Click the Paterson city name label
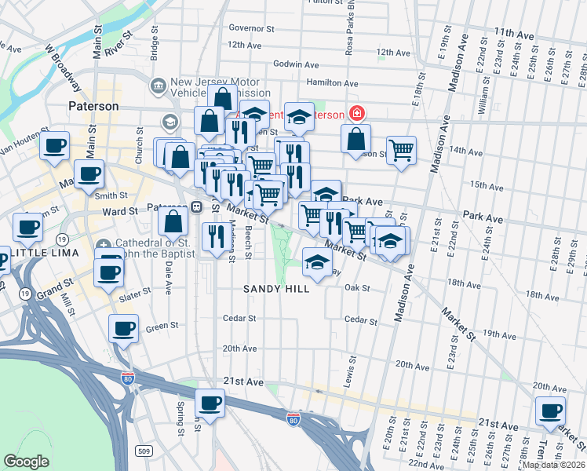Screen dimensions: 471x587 click(x=93, y=106)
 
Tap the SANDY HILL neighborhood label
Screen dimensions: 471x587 click(x=275, y=289)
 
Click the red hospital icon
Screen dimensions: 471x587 click(x=357, y=114)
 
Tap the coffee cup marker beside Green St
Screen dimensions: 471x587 click(x=123, y=330)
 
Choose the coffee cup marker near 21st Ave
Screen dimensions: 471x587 click(x=210, y=404)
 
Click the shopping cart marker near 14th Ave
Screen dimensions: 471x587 click(x=401, y=149)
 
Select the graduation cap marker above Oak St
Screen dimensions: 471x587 click(x=316, y=263)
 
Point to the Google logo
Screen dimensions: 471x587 click(x=26, y=462)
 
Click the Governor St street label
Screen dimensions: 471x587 click(x=251, y=27)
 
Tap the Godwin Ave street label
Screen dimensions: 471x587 click(x=296, y=64)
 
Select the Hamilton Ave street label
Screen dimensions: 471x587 click(x=332, y=82)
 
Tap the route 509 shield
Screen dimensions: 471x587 click(x=144, y=451)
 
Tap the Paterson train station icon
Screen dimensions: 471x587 click(x=196, y=207)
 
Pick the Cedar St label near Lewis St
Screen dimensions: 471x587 click(x=361, y=319)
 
